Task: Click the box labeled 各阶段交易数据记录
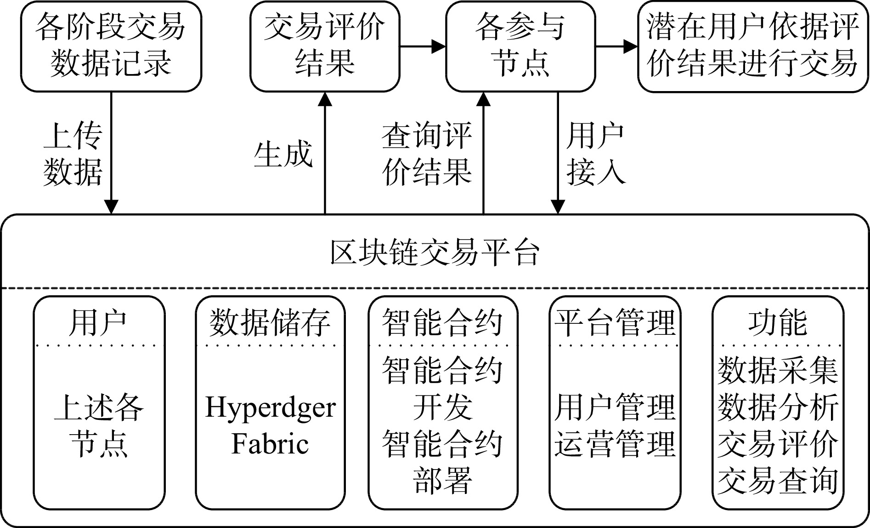click(x=111, y=46)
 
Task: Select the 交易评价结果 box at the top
click(x=325, y=46)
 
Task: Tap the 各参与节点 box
click(x=520, y=46)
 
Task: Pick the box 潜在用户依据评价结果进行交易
click(x=753, y=46)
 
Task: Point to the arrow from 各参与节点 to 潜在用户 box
click(x=616, y=46)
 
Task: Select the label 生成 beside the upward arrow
click(x=283, y=154)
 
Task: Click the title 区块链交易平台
click(x=435, y=253)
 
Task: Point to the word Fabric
click(x=270, y=444)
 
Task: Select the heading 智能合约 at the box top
click(x=442, y=322)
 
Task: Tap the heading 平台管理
click(x=615, y=322)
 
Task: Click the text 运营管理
click(x=615, y=444)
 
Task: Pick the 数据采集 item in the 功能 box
click(x=778, y=371)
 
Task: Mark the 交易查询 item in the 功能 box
click(x=778, y=481)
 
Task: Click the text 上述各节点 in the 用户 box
click(x=99, y=426)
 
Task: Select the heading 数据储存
click(x=270, y=322)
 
